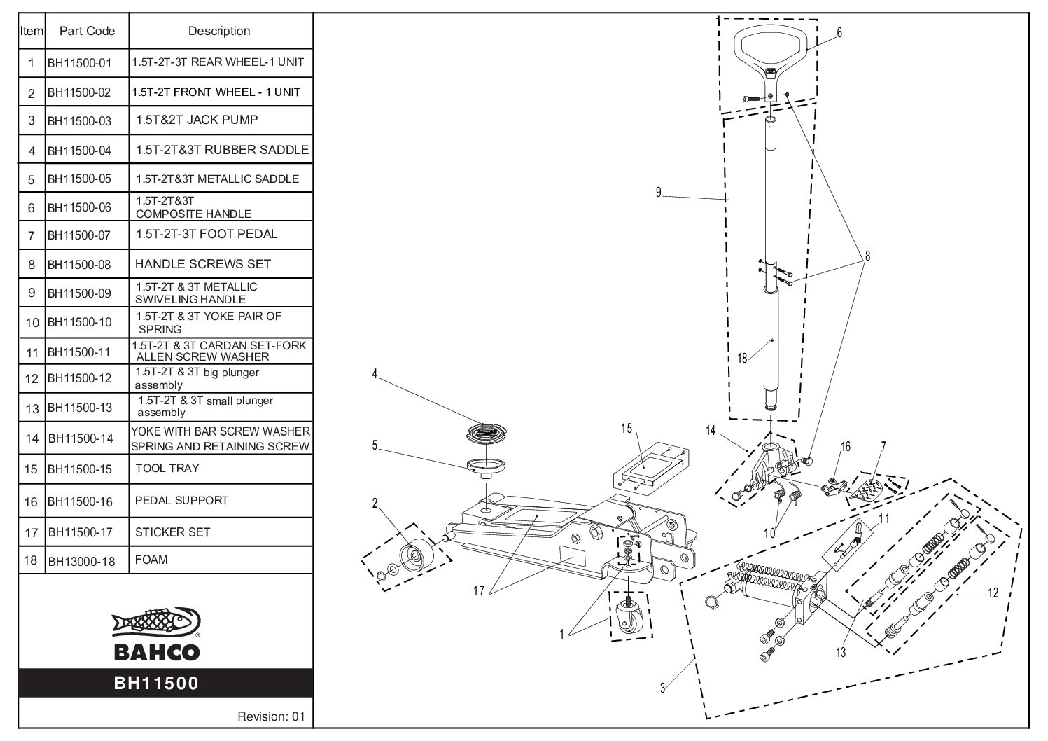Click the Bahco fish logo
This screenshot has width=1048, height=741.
tap(156, 623)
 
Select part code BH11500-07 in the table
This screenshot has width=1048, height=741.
tap(79, 235)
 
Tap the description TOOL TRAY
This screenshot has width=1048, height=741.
tap(167, 468)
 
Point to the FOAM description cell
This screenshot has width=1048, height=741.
tap(151, 560)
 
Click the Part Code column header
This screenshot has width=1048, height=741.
tap(87, 31)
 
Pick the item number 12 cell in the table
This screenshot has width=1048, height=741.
tap(32, 378)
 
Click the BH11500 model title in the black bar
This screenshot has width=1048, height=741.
tap(157, 683)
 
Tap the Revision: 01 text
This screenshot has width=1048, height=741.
tap(271, 716)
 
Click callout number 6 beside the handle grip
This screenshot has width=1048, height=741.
tap(839, 32)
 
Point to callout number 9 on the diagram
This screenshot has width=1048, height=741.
tap(659, 193)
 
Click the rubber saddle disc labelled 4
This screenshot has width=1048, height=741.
tap(487, 432)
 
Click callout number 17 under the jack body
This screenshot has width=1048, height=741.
tap(479, 590)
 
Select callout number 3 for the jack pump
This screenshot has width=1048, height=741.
tap(662, 688)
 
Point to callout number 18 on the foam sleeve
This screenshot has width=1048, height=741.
tap(742, 359)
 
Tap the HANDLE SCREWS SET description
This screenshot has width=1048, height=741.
tap(202, 264)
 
